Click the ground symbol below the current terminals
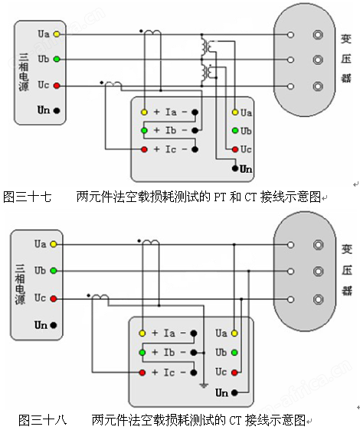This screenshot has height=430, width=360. pyautogui.click(x=204, y=386)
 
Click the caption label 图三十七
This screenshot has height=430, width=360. pyautogui.click(x=27, y=197)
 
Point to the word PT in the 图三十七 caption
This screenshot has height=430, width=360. pyautogui.click(x=220, y=197)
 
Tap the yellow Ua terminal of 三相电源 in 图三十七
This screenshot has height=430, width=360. pyautogui.click(x=57, y=34)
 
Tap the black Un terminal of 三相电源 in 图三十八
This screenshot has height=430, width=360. pyautogui.click(x=54, y=325)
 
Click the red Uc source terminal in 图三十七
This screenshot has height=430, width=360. pyautogui.click(x=57, y=86)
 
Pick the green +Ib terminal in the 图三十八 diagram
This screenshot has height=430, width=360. pyautogui.click(x=142, y=353)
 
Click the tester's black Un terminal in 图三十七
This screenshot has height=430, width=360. pyautogui.click(x=235, y=168)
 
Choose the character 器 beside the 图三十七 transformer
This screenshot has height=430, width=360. pyautogui.click(x=346, y=77)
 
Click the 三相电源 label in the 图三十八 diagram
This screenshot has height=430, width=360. pyautogui.click(x=20, y=284)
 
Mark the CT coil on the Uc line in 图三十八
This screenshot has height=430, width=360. pyautogui.click(x=100, y=296)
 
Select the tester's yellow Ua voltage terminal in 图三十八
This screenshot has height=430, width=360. pyautogui.click(x=234, y=333)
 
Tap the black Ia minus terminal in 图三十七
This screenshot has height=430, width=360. pyautogui.click(x=195, y=112)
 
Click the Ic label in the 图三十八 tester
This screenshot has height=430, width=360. pyautogui.click(x=169, y=373)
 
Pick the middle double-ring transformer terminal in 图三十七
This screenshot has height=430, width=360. pyautogui.click(x=318, y=60)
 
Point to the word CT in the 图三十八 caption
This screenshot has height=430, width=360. pyautogui.click(x=235, y=420)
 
